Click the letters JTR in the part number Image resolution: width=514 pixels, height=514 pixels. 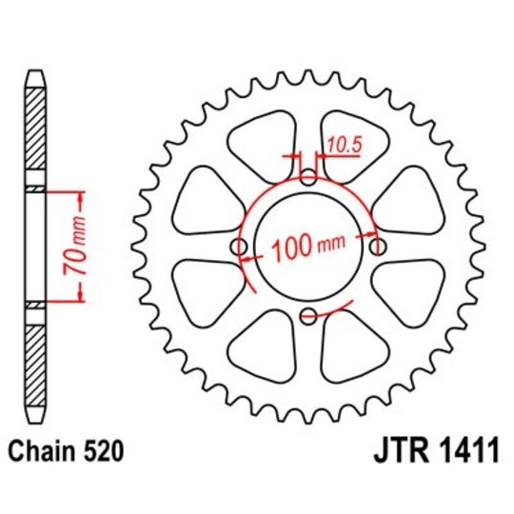click(x=387, y=450)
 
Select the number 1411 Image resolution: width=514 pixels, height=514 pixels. click(x=459, y=450)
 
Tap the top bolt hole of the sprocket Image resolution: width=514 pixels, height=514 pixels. click(x=307, y=177)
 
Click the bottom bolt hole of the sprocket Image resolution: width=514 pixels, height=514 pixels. click(x=307, y=317)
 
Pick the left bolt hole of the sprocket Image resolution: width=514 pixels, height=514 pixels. click(x=238, y=247)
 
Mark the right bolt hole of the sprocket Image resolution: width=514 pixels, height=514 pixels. click(x=377, y=247)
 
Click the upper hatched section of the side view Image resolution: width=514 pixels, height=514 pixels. click(x=35, y=133)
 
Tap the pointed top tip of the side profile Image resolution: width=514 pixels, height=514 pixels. click(x=35, y=72)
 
